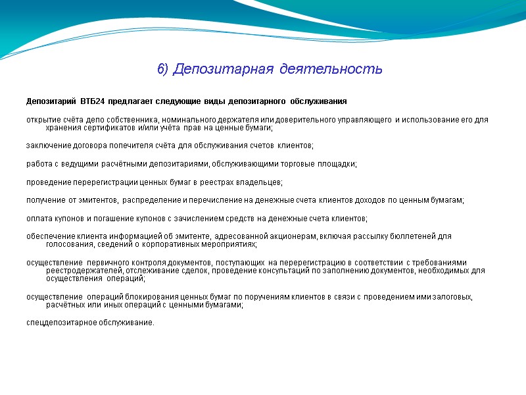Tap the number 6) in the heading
163,68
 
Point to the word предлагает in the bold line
134,101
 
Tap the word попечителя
140,145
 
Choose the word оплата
39,218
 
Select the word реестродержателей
83,270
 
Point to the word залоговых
452,298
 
